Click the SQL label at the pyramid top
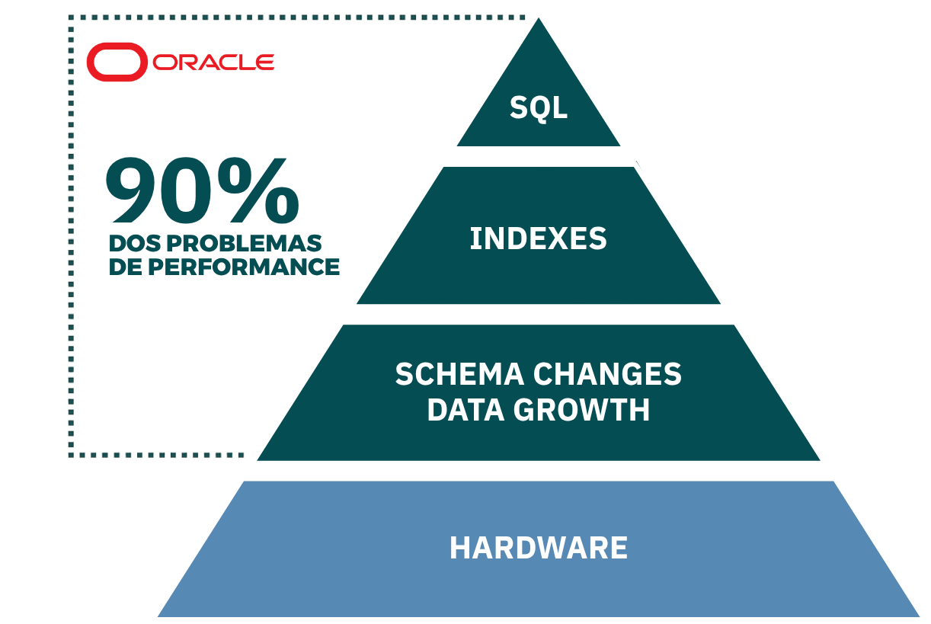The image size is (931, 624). tap(538, 108)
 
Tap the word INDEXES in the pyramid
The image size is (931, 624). tap(538, 238)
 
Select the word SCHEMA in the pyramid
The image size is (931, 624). tap(459, 374)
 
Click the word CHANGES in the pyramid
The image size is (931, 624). tap(607, 374)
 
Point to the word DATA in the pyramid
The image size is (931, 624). tap(466, 411)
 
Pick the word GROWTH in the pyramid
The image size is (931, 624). tap(581, 411)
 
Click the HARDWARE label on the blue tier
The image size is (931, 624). tap(539, 548)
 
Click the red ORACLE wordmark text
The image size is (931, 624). tap(213, 62)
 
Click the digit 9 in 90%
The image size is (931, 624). tap(136, 190)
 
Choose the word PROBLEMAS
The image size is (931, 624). tap(244, 244)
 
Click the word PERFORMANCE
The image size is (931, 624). tap(244, 267)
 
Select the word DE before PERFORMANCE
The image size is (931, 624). tap(126, 267)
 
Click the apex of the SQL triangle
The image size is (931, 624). tap(539, 18)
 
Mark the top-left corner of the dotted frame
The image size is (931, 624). tap(71, 18)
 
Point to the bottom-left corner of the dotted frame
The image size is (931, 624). tap(71, 455)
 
